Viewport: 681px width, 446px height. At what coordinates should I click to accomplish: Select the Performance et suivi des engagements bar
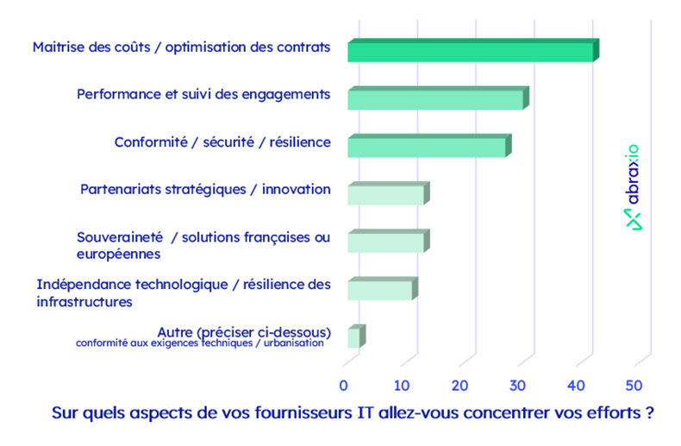(x=436, y=99)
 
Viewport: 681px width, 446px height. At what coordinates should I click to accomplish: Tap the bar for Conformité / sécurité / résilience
(x=428, y=147)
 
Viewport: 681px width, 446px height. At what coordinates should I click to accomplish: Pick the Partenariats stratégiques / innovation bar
(x=386, y=194)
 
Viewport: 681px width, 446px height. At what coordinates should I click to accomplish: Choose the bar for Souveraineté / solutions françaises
(x=386, y=242)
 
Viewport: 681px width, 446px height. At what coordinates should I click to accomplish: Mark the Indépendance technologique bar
(x=380, y=289)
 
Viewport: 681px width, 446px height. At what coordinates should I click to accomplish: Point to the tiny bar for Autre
(x=354, y=337)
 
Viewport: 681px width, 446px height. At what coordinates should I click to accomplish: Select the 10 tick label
(x=403, y=385)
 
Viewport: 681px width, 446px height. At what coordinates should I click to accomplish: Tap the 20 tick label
(x=460, y=385)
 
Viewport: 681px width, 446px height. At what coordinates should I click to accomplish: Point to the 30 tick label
(x=518, y=385)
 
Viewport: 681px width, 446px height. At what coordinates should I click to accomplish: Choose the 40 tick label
(x=577, y=385)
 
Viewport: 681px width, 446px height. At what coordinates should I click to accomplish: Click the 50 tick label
(x=634, y=385)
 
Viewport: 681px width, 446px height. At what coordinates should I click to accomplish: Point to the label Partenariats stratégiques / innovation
(x=205, y=189)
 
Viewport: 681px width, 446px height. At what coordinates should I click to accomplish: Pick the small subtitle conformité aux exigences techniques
(x=200, y=343)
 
